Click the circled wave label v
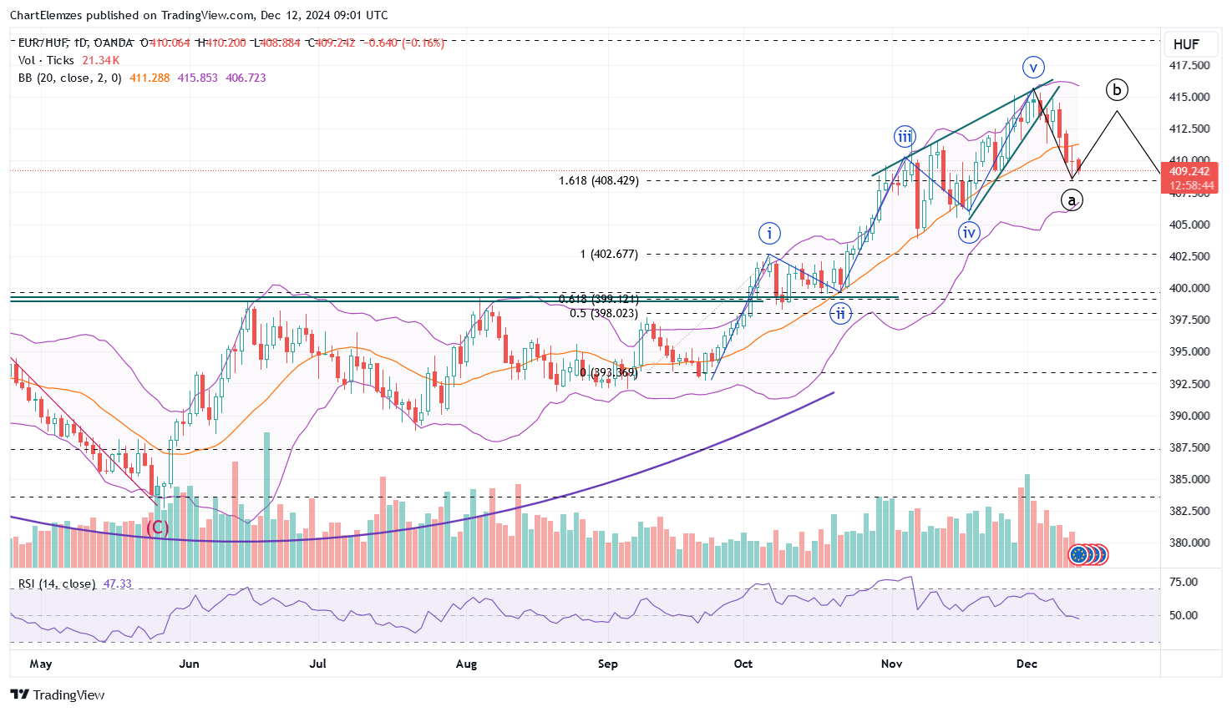coord(1033,67)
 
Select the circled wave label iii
coord(905,137)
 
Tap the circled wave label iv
coord(968,233)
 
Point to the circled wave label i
coord(769,233)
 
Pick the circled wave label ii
coord(840,314)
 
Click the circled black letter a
coord(1072,200)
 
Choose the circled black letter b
coord(1117,89)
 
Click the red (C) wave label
coord(158,528)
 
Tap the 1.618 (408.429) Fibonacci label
coord(598,180)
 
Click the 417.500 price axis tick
coord(1190,65)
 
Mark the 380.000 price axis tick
coord(1190,543)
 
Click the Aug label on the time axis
coord(466,664)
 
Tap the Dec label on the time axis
coord(1027,664)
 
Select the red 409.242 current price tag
coord(1189,171)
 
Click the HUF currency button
coord(1186,44)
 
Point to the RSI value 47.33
coord(117,583)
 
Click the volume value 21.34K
coord(102,60)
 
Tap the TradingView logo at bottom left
coord(58,694)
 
